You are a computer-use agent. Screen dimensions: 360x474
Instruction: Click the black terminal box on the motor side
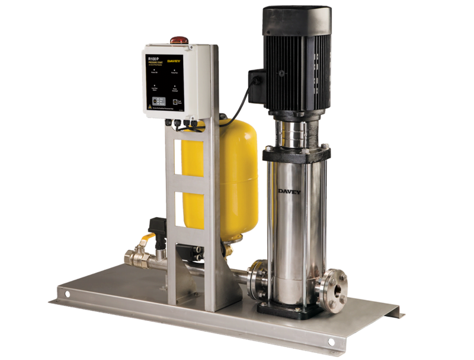(x=256, y=87)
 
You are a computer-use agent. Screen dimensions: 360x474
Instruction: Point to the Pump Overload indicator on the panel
(x=175, y=87)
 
